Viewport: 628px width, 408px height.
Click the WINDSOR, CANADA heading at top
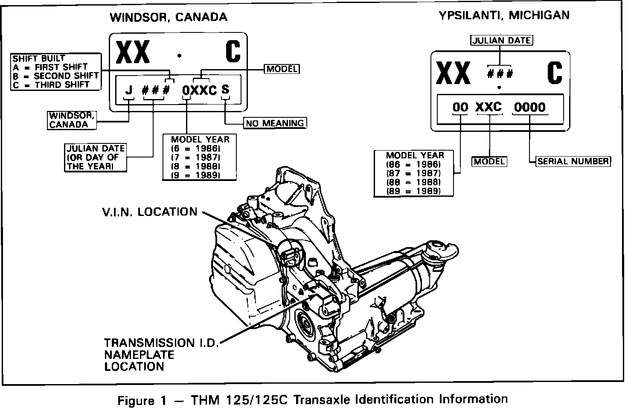click(x=169, y=17)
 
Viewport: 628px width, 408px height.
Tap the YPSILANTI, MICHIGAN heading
click(x=504, y=15)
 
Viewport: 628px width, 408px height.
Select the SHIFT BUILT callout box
click(x=56, y=71)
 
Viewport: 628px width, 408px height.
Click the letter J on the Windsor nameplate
click(x=128, y=90)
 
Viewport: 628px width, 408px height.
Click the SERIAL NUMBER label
click(x=573, y=161)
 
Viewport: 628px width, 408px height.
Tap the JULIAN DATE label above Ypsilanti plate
click(x=502, y=41)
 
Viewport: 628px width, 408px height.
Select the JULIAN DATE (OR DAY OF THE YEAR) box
click(x=96, y=157)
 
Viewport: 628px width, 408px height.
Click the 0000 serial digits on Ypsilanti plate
click(x=529, y=107)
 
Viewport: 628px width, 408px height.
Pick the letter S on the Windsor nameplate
click(x=225, y=89)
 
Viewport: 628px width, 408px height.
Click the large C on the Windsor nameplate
click(x=233, y=52)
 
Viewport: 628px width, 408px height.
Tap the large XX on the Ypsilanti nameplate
click(x=453, y=73)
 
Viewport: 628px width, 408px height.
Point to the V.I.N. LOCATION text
click(x=149, y=212)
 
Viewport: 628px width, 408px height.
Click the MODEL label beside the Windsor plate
click(x=282, y=69)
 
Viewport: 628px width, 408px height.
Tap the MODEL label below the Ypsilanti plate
click(x=489, y=161)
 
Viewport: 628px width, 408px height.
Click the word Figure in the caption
click(x=136, y=400)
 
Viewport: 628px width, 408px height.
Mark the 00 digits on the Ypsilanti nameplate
click(x=460, y=107)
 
